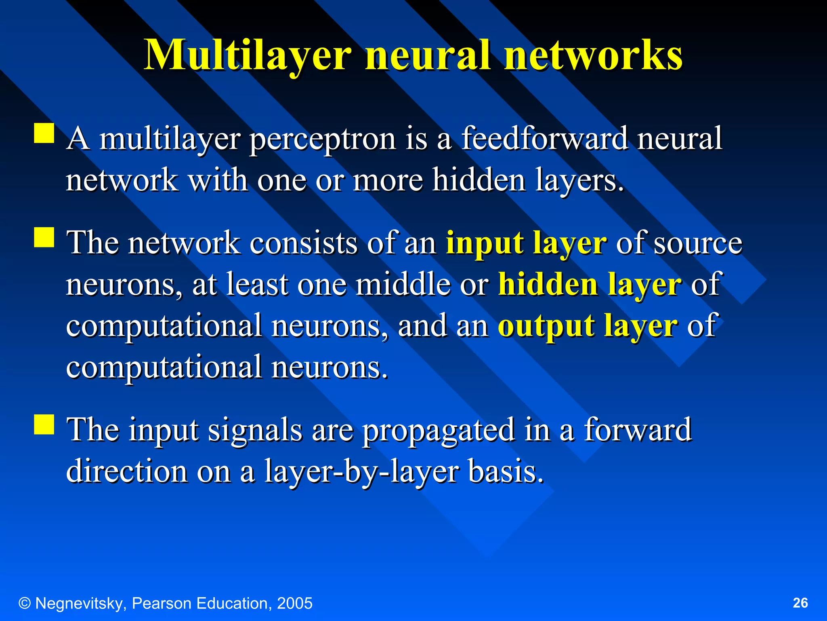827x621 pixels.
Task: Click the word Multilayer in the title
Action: pyautogui.click(x=248, y=55)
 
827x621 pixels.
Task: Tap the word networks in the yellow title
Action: pyautogui.click(x=593, y=55)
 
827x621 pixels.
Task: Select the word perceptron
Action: pyautogui.click(x=323, y=139)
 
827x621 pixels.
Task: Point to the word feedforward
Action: pyautogui.click(x=544, y=139)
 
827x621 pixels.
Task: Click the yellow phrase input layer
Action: pyautogui.click(x=526, y=243)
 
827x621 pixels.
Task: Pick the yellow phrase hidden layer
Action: pyautogui.click(x=590, y=285)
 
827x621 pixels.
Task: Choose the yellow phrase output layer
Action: pyautogui.click(x=588, y=326)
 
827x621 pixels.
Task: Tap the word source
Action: pyautogui.click(x=698, y=243)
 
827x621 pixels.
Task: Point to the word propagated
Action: pyautogui.click(x=439, y=430)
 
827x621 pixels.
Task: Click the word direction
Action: pyautogui.click(x=127, y=471)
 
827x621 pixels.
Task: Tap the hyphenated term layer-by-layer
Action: pyautogui.click(x=361, y=471)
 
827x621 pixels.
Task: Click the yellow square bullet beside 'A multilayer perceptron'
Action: pyautogui.click(x=44, y=133)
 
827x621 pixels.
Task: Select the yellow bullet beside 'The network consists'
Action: pyautogui.click(x=44, y=237)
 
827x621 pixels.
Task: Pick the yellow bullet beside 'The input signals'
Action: pyautogui.click(x=44, y=424)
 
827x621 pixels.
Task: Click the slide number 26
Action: pyautogui.click(x=800, y=603)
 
